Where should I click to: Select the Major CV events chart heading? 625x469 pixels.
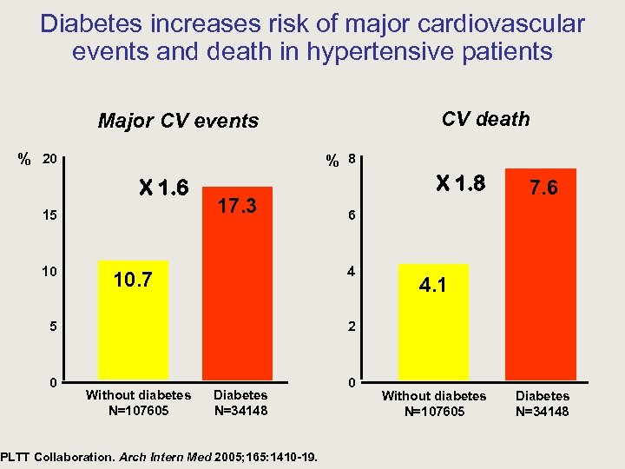178,121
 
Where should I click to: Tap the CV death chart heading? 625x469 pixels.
485,119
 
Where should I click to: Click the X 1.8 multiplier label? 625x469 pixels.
460,183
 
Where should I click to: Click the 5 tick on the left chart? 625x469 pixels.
53,327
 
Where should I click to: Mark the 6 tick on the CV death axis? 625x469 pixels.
351,215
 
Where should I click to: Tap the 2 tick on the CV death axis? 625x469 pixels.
351,327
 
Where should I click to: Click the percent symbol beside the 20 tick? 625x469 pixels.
25,160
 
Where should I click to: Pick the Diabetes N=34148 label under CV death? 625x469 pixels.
543,403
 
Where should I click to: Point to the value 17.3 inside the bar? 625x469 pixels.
237,207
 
